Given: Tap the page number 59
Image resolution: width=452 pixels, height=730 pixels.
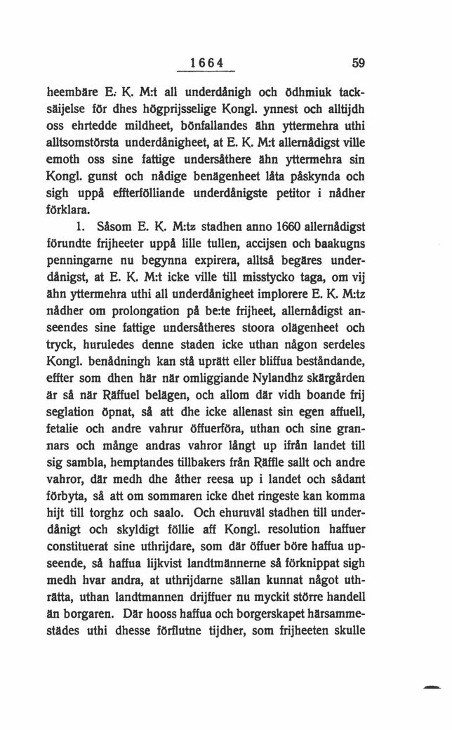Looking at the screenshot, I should click(361, 62).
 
